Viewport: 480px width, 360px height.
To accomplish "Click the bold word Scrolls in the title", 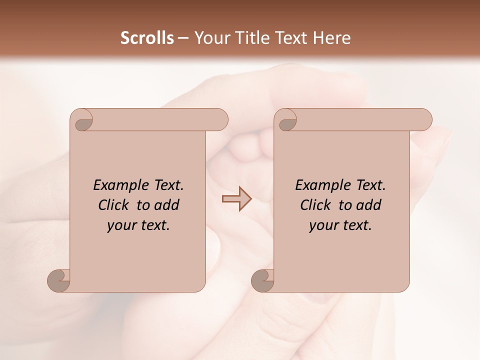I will pyautogui.click(x=147, y=37).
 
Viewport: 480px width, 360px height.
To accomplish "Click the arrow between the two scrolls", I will pyautogui.click(x=236, y=199).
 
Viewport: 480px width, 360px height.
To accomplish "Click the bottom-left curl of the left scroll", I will pyautogui.click(x=59, y=280).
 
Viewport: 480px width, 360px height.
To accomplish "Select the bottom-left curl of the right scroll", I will pyautogui.click(x=263, y=280).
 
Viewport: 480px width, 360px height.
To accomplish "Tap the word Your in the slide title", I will pyautogui.click(x=209, y=37).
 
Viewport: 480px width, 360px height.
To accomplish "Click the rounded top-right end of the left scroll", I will pyautogui.click(x=220, y=119).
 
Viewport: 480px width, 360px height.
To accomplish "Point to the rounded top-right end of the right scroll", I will pyautogui.click(x=424, y=119).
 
